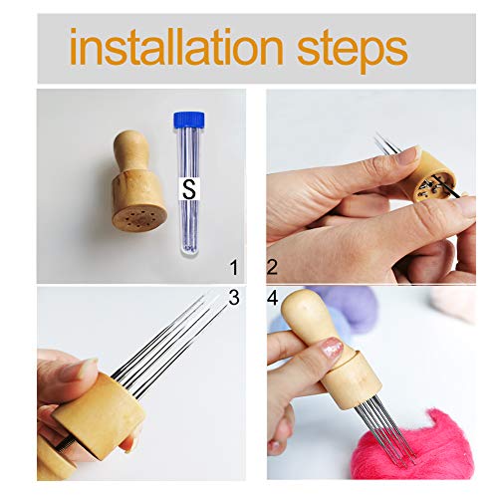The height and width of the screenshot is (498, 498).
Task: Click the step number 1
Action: pos(233,267)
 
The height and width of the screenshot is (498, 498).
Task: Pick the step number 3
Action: pos(233,297)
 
